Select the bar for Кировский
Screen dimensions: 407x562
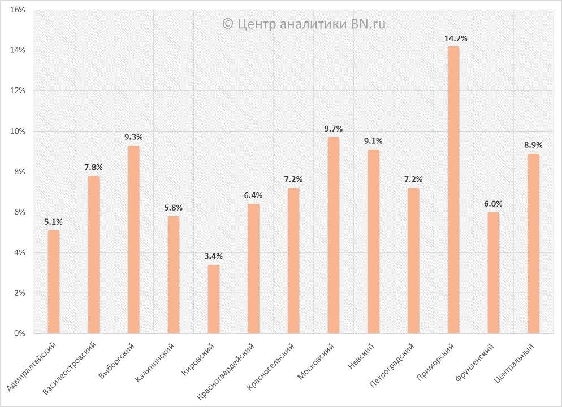[x=214, y=299]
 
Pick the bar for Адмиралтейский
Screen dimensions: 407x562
[x=54, y=282]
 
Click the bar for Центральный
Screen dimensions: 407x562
[x=533, y=243]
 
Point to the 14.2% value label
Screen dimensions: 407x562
[x=456, y=38]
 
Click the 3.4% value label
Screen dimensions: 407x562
[x=214, y=256]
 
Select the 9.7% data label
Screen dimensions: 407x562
[x=334, y=129]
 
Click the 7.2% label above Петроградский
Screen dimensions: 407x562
[x=413, y=180]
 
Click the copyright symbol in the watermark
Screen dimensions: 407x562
[x=228, y=24]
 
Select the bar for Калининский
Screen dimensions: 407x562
[x=174, y=274]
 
